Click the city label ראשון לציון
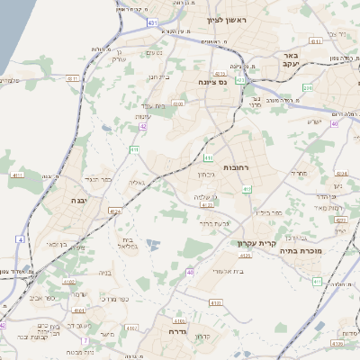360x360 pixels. [226, 19]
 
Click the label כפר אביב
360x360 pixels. [38, 295]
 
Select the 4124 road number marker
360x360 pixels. [113, 211]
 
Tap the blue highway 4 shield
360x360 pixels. [20, 239]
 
